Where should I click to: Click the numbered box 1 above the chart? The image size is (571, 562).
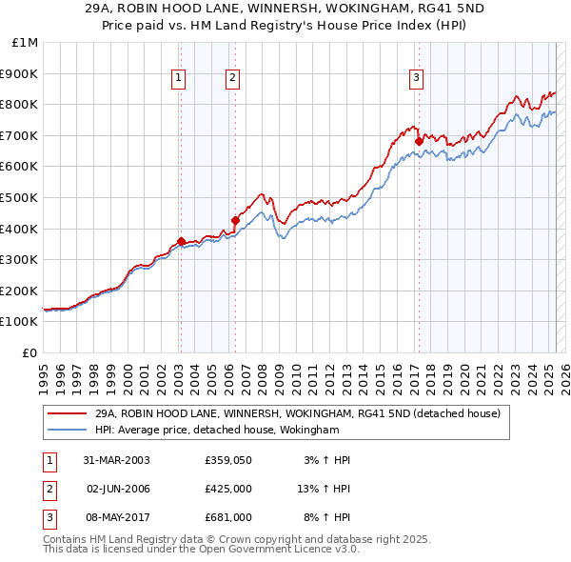[x=180, y=79]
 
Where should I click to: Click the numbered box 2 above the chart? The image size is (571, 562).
[x=233, y=79]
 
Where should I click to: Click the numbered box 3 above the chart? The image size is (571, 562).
[x=417, y=79]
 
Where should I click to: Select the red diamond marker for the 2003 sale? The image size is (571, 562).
[x=181, y=241]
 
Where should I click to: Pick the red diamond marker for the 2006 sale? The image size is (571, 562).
[x=234, y=221]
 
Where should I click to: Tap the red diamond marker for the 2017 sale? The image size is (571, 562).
[x=418, y=141]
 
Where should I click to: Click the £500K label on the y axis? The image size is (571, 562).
[x=21, y=197]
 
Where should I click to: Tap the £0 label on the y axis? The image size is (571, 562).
[x=30, y=352]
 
